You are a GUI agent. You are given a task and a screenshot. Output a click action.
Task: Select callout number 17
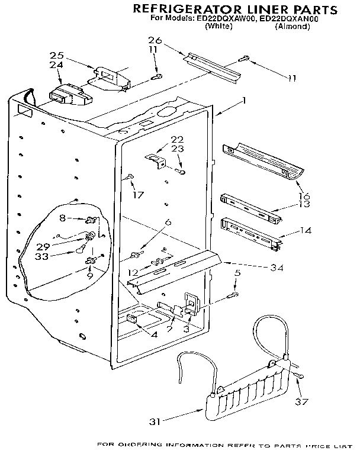[x=137, y=194]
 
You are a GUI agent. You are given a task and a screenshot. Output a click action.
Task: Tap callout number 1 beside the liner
[x=244, y=101]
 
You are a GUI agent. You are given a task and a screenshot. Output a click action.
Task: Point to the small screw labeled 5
[x=234, y=294]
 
